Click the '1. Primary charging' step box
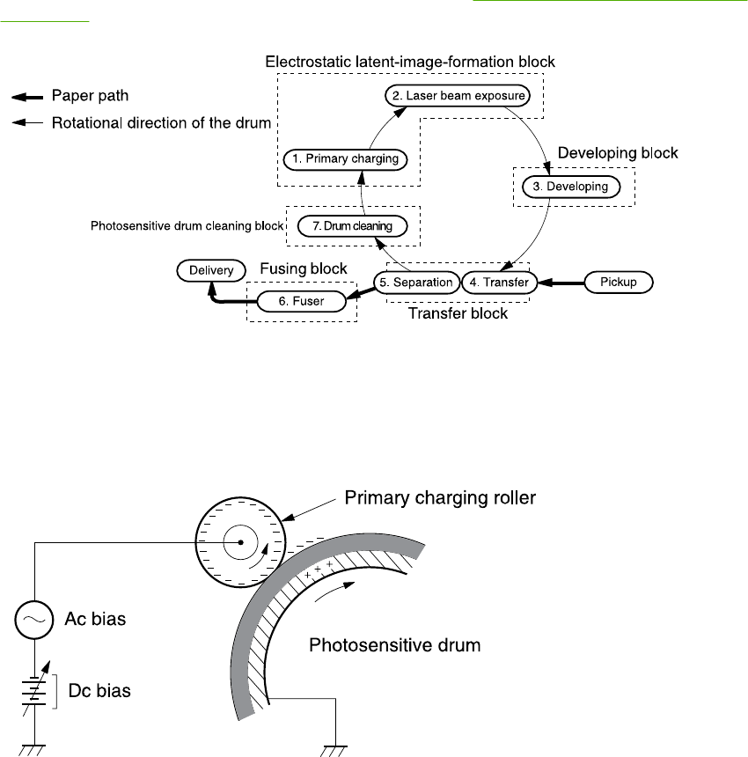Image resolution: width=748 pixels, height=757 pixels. click(x=345, y=159)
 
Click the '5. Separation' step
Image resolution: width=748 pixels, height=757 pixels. click(x=416, y=283)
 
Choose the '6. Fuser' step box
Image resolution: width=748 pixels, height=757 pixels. click(x=302, y=301)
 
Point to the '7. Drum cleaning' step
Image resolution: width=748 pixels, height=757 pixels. click(x=351, y=226)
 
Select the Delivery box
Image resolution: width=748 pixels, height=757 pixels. click(x=210, y=270)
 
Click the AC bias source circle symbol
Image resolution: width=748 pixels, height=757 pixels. click(x=34, y=619)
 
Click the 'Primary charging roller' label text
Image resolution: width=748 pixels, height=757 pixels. click(x=440, y=498)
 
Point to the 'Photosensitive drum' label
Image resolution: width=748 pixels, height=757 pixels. click(x=395, y=645)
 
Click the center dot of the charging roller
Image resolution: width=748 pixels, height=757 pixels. click(x=239, y=543)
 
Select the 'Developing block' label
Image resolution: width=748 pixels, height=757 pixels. click(x=620, y=153)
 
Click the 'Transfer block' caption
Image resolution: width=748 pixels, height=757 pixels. click(x=458, y=313)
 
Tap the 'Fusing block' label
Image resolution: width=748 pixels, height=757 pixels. click(x=303, y=268)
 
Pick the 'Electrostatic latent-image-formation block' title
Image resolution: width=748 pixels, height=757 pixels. click(x=410, y=62)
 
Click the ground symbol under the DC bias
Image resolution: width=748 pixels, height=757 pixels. click(x=34, y=749)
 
